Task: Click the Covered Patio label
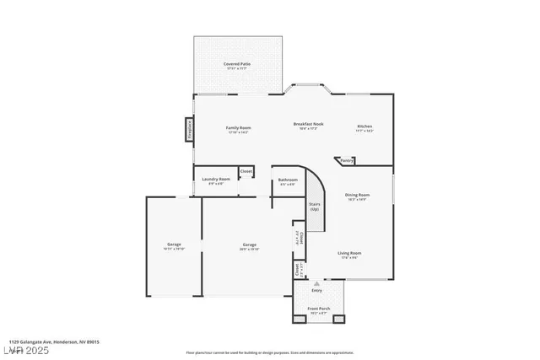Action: (236, 64)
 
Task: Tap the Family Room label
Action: (239, 128)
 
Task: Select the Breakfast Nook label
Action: (305, 125)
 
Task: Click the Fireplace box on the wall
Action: (190, 130)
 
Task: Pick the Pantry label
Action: (347, 159)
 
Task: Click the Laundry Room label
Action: (214, 180)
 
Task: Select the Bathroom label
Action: (288, 180)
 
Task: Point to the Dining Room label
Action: (358, 196)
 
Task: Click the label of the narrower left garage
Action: (174, 245)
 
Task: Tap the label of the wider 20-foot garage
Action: (249, 245)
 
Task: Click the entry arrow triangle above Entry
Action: (317, 283)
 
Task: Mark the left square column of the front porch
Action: (297, 319)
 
